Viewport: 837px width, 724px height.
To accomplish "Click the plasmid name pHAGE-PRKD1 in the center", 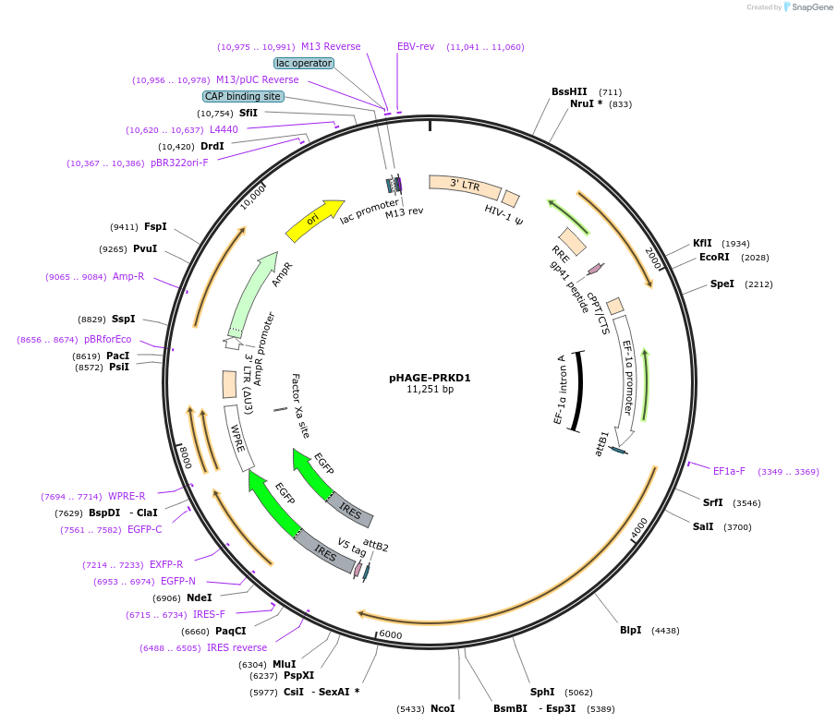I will [430, 377].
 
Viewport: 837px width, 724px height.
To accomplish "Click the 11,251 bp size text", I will [430, 390].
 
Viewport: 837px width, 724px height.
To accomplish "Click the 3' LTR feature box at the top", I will [464, 186].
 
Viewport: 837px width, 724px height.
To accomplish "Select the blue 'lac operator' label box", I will [304, 63].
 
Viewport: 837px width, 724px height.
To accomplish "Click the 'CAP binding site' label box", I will [243, 96].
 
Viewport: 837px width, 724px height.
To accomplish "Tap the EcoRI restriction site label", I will [714, 257].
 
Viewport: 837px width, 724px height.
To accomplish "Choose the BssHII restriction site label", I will [569, 91].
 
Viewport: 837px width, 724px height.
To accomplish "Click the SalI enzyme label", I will [703, 526].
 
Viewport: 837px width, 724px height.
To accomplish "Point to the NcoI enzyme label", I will [443, 708].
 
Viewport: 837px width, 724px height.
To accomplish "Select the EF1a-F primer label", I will [729, 471].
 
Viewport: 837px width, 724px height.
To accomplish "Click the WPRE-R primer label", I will [127, 496].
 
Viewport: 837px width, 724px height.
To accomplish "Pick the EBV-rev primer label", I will [416, 46].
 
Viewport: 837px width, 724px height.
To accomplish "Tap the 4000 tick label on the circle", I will [640, 527].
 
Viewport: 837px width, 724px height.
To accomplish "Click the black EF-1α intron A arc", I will [578, 391].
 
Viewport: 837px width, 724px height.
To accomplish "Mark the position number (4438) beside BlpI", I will [665, 631].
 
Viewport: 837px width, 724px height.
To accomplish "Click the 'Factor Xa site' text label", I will [301, 405].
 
